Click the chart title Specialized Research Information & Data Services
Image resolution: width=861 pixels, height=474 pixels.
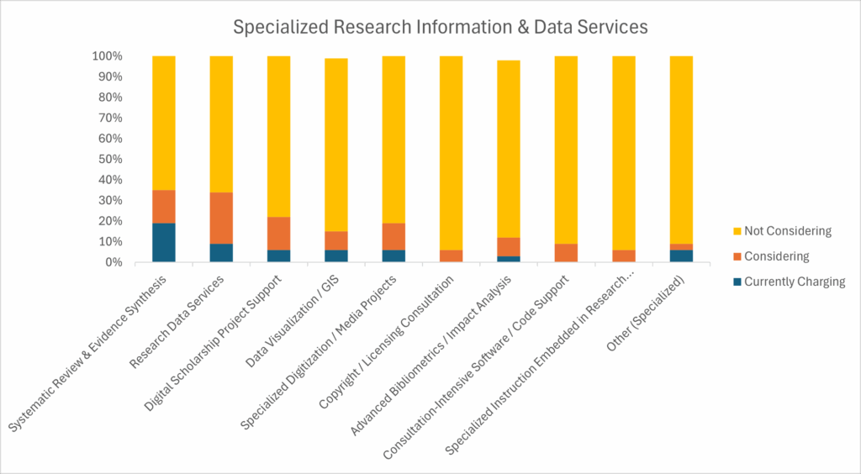point(441,26)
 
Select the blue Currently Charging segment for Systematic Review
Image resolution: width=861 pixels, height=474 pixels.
point(164,242)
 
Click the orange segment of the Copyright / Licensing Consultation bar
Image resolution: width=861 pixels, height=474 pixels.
point(451,255)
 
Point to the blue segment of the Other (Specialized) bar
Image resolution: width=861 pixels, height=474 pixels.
point(680,255)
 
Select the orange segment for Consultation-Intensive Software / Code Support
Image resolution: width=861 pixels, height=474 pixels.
point(565,252)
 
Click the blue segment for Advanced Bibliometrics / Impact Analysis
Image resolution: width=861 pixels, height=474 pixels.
point(508,259)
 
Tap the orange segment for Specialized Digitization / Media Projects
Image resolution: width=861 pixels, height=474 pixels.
point(394,236)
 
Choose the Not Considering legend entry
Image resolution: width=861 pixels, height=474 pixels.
point(786,230)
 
